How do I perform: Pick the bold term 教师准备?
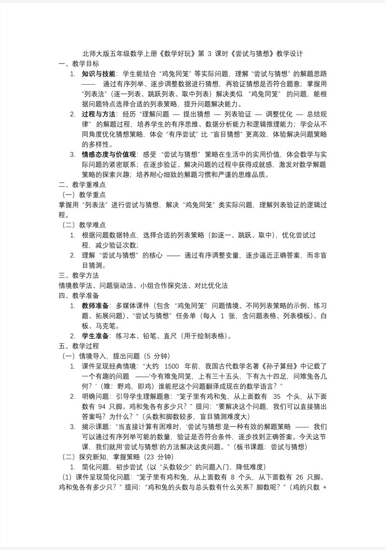(95, 306)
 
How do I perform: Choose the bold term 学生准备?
(95, 336)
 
